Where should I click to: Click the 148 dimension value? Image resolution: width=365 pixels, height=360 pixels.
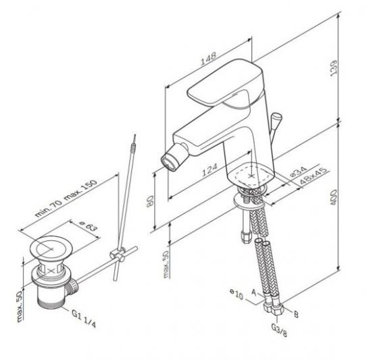(x=209, y=58)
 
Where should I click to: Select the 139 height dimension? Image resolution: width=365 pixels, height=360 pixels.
(x=334, y=68)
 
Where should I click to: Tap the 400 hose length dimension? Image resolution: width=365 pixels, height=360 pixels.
(x=334, y=197)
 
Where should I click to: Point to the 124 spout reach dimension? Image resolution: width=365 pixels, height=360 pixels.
(x=210, y=170)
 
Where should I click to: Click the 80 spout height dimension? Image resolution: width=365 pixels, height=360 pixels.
(x=150, y=201)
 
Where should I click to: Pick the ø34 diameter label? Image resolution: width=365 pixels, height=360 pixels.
(x=299, y=172)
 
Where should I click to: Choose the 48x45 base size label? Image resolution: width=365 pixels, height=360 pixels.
(x=314, y=176)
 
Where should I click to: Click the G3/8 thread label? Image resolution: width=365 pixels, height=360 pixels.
(x=279, y=330)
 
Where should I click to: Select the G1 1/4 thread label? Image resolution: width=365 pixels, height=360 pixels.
(x=84, y=319)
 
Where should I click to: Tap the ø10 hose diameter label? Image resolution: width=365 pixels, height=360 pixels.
(x=237, y=294)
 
